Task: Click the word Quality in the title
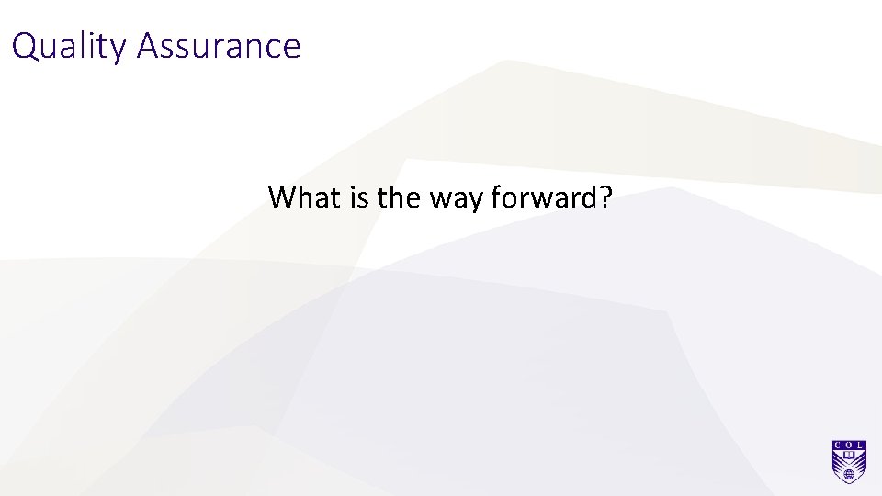coord(70,46)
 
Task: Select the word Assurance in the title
coord(219,46)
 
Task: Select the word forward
coord(541,197)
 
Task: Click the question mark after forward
coord(604,197)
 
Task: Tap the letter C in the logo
coord(836,445)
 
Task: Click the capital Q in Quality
coord(25,46)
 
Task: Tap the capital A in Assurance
coord(147,46)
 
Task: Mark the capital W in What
coord(281,197)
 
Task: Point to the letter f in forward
coord(497,197)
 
